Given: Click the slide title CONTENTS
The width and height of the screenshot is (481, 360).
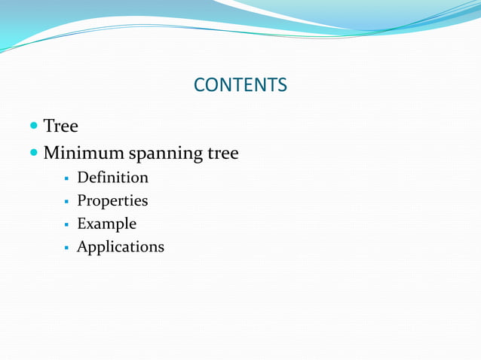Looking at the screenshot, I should click(x=240, y=85).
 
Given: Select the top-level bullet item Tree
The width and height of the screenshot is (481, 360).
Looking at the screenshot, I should click(x=60, y=126).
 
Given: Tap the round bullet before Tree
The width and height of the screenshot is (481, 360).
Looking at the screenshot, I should click(x=35, y=125).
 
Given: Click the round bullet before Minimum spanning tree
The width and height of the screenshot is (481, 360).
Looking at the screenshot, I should click(x=35, y=154).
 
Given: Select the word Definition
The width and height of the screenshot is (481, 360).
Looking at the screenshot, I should click(x=112, y=178).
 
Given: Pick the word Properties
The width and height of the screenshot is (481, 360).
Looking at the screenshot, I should click(x=112, y=201).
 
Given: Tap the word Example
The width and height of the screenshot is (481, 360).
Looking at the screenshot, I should click(x=106, y=224).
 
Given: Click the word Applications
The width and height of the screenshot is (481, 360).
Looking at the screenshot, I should click(x=120, y=247).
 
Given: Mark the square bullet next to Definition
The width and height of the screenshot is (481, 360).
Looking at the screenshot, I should click(x=67, y=179).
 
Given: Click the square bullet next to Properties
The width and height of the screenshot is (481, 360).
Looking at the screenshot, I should click(x=67, y=202).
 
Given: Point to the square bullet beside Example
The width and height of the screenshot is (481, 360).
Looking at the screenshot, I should click(x=67, y=225).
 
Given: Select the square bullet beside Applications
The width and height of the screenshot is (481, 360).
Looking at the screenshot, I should click(x=67, y=248).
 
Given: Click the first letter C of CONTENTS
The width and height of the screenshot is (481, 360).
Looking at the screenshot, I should click(x=200, y=85).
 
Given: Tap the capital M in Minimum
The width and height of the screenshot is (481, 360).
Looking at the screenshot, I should click(x=52, y=154).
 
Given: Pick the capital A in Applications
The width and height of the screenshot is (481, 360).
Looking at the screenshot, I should click(x=83, y=246).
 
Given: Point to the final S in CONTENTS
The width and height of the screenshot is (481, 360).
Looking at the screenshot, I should click(x=282, y=85).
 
